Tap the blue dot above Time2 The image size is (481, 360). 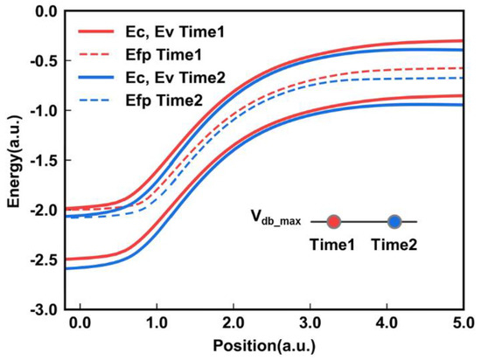[x=394, y=222]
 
